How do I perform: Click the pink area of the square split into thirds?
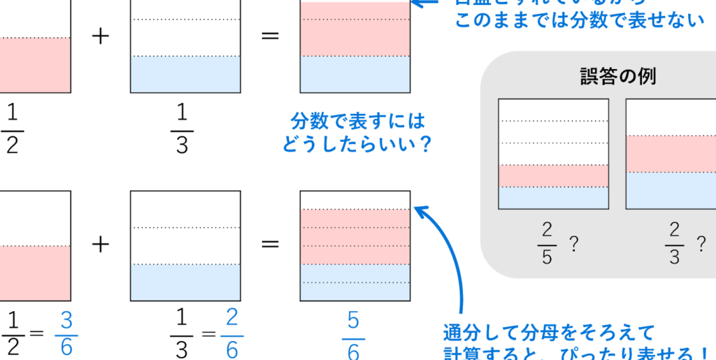[355, 29]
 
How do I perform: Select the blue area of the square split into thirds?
[355, 73]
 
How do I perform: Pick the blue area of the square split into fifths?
[355, 282]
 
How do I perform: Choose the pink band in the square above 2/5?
[553, 175]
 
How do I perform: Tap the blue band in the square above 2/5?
[553, 198]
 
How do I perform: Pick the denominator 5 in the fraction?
[547, 257]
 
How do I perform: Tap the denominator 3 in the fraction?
[674, 257]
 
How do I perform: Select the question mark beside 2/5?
[573, 245]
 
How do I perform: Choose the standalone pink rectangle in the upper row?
[35, 64]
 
